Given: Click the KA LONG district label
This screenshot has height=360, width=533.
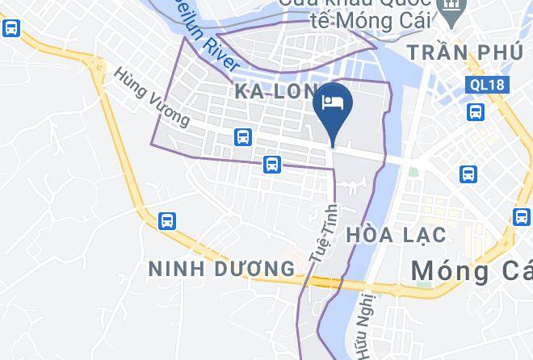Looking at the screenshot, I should [275, 91].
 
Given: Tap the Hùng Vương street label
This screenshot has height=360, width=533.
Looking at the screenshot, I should [151, 97].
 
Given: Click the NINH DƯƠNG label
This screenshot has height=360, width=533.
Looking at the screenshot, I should [221, 268].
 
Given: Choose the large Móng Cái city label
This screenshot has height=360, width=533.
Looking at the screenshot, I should [471, 271].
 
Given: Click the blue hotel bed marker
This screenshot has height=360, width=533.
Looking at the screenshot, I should [334, 103].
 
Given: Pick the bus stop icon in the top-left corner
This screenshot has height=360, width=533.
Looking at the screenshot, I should [11, 28].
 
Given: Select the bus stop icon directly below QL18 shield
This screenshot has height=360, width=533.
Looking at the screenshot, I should [476, 111].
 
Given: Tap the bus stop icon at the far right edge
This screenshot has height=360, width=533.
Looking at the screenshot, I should [523, 216].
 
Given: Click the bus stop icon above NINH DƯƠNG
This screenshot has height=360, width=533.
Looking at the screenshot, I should [167, 220].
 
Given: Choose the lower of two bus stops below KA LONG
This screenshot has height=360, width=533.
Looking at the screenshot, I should [271, 165].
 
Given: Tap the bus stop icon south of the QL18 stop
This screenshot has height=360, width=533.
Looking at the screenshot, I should [468, 174].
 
